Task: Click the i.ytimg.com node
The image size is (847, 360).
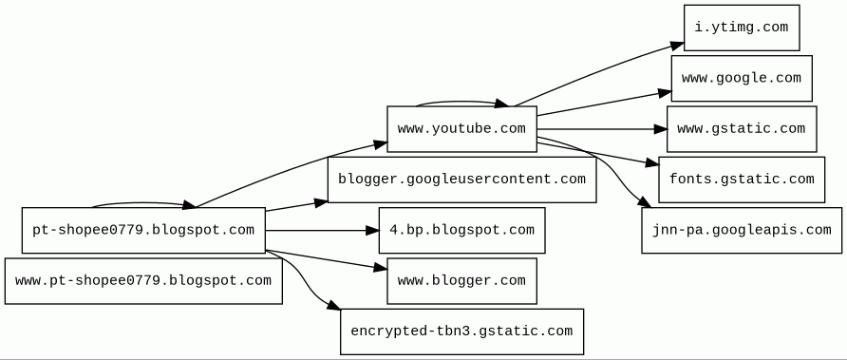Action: tap(742, 28)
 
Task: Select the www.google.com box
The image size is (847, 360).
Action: tap(742, 79)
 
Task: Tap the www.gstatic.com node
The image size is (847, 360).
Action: tap(742, 129)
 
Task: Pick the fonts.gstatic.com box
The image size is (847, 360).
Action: tap(742, 180)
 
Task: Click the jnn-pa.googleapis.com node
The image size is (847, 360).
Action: tap(742, 230)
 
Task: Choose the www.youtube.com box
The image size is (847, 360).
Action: tap(461, 129)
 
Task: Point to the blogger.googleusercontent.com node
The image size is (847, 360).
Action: tap(461, 180)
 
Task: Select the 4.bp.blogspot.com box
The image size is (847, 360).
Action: tap(461, 230)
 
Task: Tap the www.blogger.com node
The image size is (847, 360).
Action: tap(461, 281)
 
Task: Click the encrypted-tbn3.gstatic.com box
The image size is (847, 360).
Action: tap(461, 332)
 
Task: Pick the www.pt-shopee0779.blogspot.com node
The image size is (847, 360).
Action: tap(143, 281)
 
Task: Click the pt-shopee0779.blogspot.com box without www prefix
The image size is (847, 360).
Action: tap(143, 230)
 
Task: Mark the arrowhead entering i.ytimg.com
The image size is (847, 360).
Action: tap(677, 46)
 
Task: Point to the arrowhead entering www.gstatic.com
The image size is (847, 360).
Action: tap(661, 129)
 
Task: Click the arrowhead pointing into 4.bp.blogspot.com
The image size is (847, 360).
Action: tap(372, 230)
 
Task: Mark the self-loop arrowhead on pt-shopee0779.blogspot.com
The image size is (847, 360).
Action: tap(190, 205)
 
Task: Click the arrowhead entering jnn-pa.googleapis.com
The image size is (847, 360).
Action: tap(645, 202)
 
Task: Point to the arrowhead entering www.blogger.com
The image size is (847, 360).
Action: tap(380, 268)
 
